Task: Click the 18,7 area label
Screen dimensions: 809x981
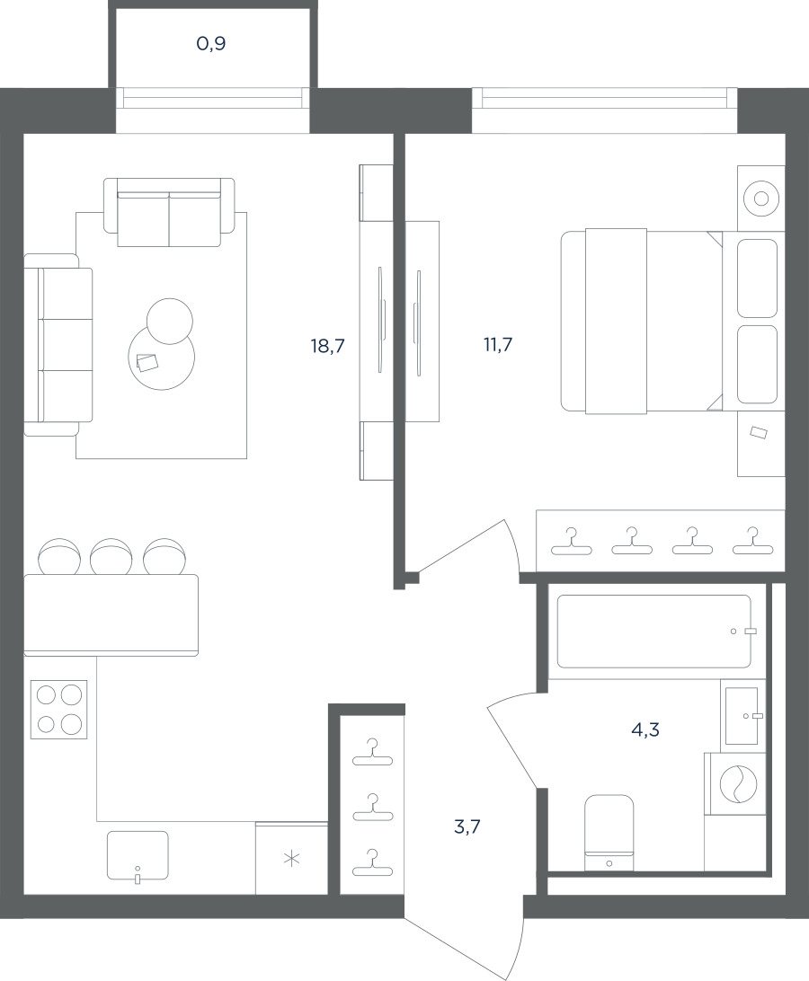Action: pyautogui.click(x=327, y=345)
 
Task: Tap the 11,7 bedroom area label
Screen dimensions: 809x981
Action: pyautogui.click(x=498, y=344)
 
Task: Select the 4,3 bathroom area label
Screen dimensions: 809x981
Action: pyautogui.click(x=645, y=729)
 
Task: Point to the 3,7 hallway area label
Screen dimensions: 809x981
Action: pyautogui.click(x=467, y=827)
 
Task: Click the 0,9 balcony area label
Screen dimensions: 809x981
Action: pyautogui.click(x=211, y=44)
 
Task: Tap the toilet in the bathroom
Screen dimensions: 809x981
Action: pyautogui.click(x=609, y=833)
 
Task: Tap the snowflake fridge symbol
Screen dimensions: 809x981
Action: pyautogui.click(x=292, y=860)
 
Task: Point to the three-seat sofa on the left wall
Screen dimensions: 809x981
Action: pyautogui.click(x=58, y=344)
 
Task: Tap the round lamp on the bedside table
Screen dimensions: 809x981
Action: pyautogui.click(x=761, y=199)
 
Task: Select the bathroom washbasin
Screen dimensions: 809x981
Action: pyautogui.click(x=742, y=715)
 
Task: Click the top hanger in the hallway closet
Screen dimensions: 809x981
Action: pyautogui.click(x=372, y=752)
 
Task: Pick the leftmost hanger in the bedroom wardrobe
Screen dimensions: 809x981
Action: pyautogui.click(x=571, y=542)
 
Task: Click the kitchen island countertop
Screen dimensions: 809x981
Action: pyautogui.click(x=111, y=615)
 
